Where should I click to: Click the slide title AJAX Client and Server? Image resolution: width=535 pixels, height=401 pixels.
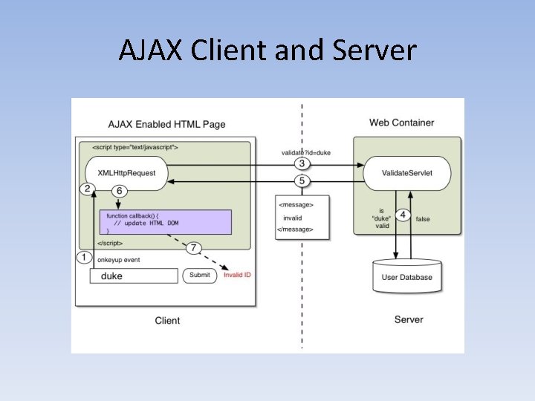[267, 51]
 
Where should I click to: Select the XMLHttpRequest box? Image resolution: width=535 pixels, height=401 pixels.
[127, 173]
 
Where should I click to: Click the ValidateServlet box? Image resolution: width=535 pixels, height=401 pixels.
[406, 173]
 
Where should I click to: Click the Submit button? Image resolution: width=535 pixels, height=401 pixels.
[201, 276]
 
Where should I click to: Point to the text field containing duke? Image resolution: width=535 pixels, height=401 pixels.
[134, 276]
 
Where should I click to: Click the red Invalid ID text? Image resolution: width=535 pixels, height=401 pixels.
[238, 276]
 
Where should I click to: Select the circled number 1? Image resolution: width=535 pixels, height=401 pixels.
[85, 258]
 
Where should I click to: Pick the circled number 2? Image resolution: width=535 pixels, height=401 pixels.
[87, 189]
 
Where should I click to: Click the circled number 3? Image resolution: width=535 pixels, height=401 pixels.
[301, 164]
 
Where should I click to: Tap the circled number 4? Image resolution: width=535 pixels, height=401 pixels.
[402, 215]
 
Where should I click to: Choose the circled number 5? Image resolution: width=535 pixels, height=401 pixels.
[301, 181]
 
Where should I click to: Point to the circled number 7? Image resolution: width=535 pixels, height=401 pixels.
[195, 247]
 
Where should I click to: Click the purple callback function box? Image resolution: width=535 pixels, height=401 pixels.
[165, 222]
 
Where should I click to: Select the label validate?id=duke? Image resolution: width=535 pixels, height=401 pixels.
[305, 152]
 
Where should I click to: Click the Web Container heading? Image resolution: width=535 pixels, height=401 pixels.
[401, 123]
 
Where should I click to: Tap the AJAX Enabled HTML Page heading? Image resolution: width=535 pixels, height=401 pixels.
[166, 124]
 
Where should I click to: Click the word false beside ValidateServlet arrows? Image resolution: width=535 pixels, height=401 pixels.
[423, 219]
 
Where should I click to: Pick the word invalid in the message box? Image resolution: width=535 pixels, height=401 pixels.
[293, 218]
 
